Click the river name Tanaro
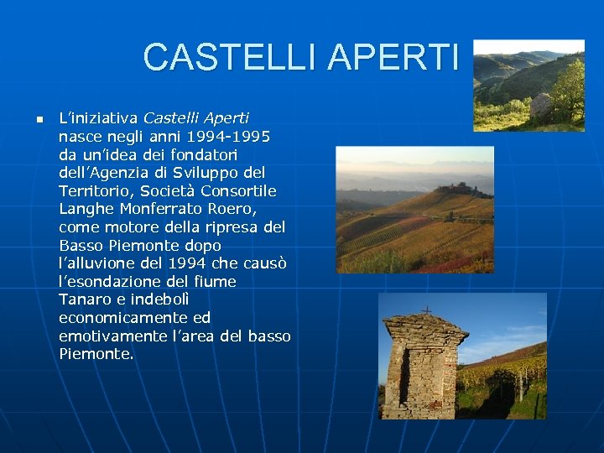[x=81, y=299]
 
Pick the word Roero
[x=232, y=209]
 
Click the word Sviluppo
[x=207, y=173]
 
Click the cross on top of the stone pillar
[x=427, y=310]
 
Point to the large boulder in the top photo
[x=541, y=106]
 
